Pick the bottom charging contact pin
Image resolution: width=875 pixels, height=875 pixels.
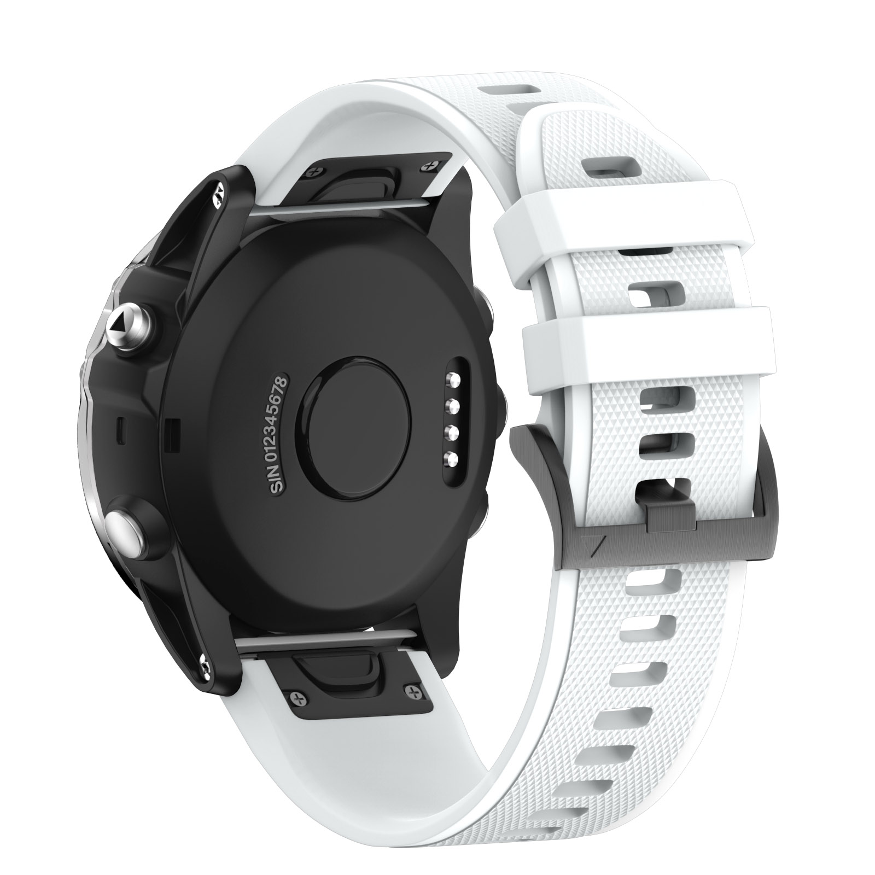click(x=453, y=458)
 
